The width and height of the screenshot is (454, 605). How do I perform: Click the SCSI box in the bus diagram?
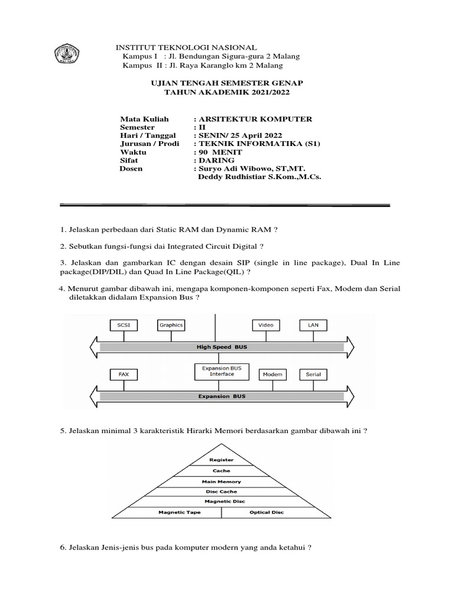coord(124,325)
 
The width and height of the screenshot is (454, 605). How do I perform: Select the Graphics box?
coord(171,325)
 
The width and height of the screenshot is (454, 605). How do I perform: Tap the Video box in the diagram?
coord(266,325)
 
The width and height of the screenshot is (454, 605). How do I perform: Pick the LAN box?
coord(313,325)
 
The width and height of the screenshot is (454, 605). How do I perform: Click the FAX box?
coord(124,375)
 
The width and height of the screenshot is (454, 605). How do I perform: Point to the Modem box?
coord(272,375)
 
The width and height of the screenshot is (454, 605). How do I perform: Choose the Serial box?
coord(313,375)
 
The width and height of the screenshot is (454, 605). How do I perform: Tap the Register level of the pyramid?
coord(222,460)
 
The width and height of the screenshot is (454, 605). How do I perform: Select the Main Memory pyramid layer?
coord(222,482)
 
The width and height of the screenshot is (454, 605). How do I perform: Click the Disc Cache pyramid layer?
coord(222,492)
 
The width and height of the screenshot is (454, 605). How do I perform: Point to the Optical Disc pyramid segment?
coord(267,512)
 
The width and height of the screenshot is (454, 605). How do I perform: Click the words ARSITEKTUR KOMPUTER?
coord(257,119)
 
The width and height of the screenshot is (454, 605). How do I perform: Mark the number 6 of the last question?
coord(62,548)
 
